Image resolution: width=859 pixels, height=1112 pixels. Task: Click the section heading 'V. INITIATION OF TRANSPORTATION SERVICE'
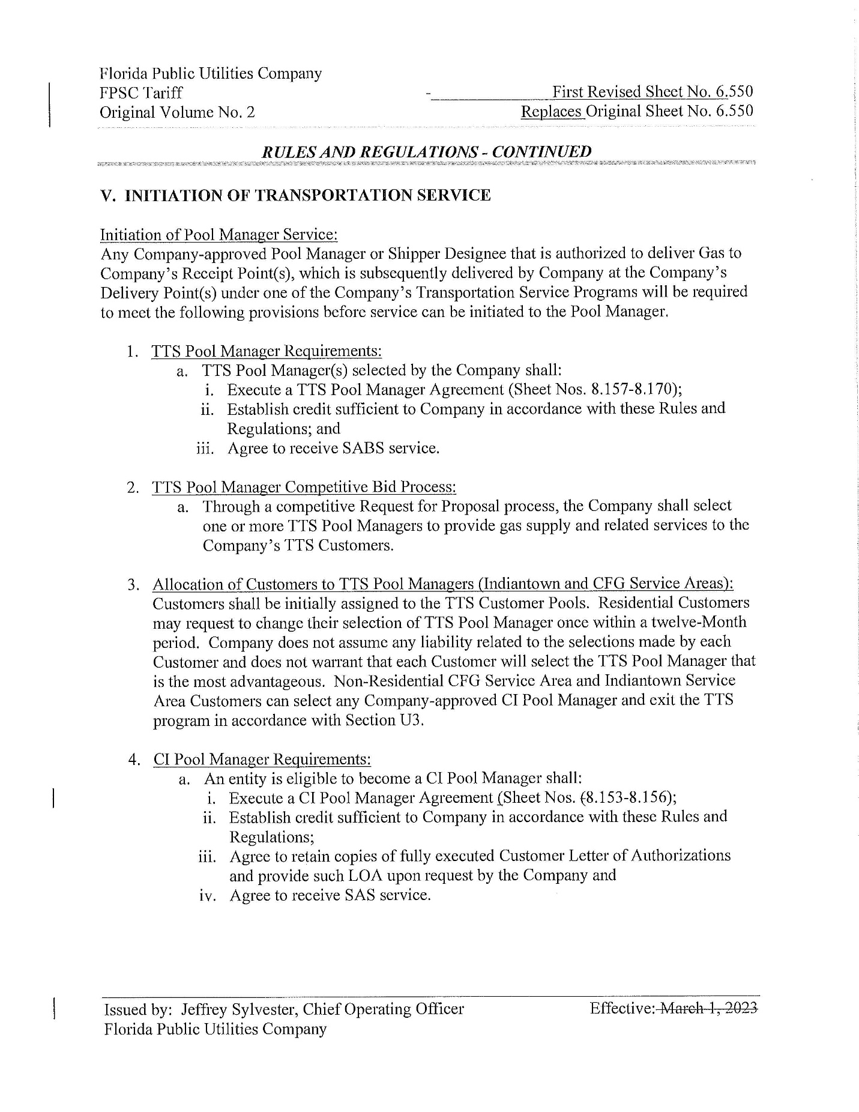(x=295, y=195)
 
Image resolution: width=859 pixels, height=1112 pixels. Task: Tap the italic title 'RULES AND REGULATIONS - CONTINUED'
(x=426, y=152)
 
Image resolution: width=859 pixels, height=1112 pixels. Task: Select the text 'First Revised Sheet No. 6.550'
(x=653, y=92)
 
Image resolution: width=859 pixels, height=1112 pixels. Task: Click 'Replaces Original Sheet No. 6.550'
(x=637, y=111)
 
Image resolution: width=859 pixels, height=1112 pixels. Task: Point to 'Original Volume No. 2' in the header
(x=177, y=112)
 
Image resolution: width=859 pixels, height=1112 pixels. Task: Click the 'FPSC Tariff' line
(x=141, y=93)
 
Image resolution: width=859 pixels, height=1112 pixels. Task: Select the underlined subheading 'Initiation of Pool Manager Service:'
(x=219, y=234)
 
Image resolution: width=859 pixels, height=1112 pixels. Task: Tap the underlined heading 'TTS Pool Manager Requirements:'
(x=267, y=351)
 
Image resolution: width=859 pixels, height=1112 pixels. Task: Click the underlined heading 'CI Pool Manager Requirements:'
(x=262, y=759)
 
